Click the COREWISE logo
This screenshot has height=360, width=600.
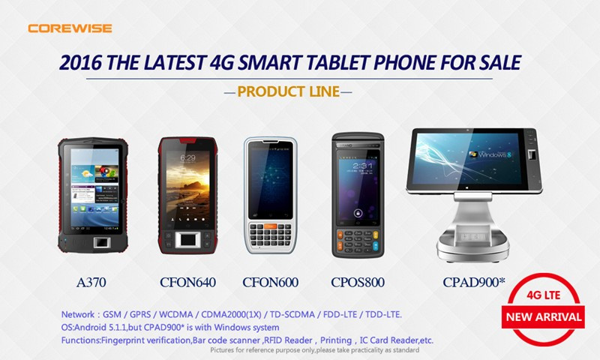70,28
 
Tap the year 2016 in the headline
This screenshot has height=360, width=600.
81,62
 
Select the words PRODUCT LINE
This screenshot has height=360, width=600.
289,91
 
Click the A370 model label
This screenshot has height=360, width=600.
91,282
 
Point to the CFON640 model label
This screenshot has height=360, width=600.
187,282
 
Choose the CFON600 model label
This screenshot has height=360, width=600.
270,282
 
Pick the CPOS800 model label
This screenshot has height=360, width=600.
358,282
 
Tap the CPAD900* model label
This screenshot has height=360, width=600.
474,282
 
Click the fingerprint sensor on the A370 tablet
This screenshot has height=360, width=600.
102,243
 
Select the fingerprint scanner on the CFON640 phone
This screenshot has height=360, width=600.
187,240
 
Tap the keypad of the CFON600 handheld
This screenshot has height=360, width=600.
270,235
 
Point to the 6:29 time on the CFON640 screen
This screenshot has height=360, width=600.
187,157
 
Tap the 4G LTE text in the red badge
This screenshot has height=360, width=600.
543,295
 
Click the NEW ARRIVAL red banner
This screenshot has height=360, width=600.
543,316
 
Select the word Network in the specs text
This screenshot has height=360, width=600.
78,314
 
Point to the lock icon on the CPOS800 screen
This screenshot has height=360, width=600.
358,212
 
